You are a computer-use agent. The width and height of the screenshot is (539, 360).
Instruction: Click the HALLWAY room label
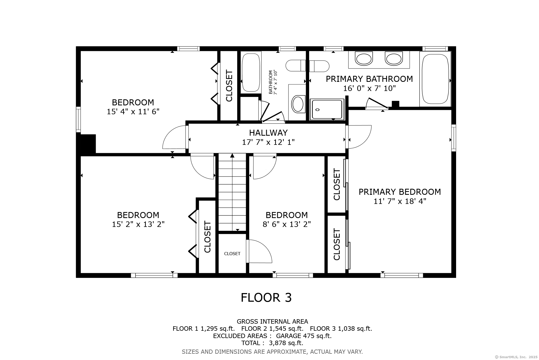click(x=268, y=133)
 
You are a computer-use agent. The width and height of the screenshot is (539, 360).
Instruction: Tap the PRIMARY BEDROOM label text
click(x=400, y=192)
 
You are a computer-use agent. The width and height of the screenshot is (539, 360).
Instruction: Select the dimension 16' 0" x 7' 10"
click(x=369, y=88)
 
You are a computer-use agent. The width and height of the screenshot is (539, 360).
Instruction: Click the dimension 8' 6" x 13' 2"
click(x=287, y=224)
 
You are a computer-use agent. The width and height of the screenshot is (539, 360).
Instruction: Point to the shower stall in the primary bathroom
click(x=327, y=109)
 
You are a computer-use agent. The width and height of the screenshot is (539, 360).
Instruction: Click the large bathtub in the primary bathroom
click(x=435, y=79)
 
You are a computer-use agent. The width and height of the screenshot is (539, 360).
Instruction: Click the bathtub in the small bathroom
click(x=251, y=73)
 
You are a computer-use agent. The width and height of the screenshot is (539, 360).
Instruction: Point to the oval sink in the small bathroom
click(x=298, y=104)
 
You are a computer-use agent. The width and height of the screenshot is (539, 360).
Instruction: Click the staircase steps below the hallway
click(x=232, y=192)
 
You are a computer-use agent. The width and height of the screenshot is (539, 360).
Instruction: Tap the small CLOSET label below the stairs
click(x=232, y=254)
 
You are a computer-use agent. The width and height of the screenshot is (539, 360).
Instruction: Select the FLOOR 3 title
click(x=266, y=298)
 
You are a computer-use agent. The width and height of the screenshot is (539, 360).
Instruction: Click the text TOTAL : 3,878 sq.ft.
click(x=272, y=343)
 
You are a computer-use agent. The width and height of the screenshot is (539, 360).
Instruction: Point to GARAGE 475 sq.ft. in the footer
click(x=304, y=336)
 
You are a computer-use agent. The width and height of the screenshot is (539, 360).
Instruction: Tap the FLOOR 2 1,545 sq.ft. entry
click(x=272, y=329)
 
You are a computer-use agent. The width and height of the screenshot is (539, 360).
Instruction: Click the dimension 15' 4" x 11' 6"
click(x=133, y=112)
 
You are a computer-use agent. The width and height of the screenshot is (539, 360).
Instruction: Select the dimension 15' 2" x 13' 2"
click(x=138, y=224)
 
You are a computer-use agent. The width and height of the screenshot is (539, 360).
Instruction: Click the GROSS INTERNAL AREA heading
click(x=272, y=322)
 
